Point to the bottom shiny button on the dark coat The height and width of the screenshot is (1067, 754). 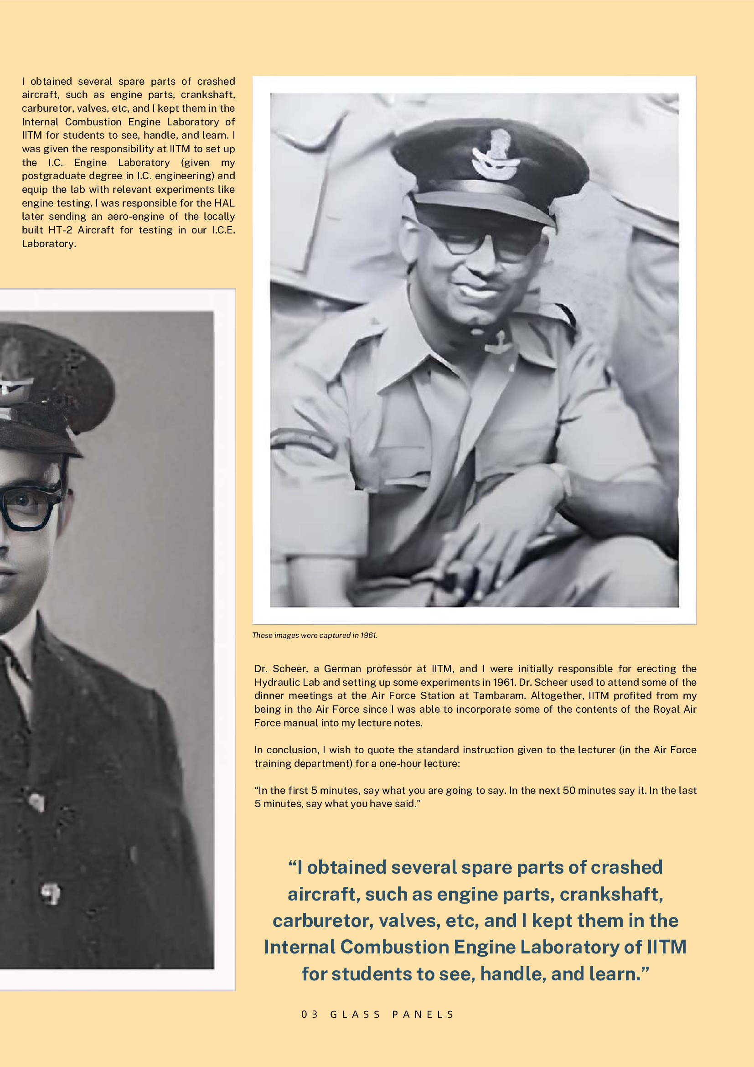coord(50,893)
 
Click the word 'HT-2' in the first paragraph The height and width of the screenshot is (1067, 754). coord(60,230)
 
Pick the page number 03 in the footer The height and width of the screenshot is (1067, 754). coord(310,1014)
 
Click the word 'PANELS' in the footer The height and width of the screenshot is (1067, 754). coord(423,1014)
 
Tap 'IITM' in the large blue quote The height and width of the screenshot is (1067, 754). coord(666,947)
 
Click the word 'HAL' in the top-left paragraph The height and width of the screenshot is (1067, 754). coord(224,203)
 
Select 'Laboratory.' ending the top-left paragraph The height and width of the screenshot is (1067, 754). coord(49,243)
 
